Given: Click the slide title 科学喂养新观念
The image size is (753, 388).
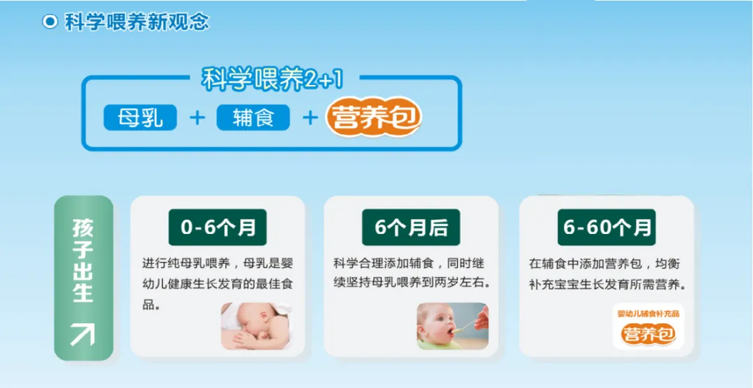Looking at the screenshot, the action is [137, 22].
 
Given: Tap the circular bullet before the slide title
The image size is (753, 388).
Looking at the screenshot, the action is [50, 22].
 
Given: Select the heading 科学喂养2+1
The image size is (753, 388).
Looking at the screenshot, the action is [273, 80].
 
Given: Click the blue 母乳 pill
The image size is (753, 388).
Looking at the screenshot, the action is [140, 118].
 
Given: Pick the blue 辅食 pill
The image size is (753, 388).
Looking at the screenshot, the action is [253, 118].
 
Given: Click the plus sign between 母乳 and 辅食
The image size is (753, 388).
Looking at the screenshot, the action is [197, 118].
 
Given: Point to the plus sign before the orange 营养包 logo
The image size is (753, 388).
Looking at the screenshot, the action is [310, 118].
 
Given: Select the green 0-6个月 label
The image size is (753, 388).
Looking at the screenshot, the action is [218, 227].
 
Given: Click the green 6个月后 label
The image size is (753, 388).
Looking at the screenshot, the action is [411, 227].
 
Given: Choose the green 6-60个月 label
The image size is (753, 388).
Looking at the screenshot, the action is [607, 227].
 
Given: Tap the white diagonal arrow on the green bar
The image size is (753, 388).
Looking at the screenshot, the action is [82, 334].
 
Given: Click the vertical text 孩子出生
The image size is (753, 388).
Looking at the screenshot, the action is [83, 261].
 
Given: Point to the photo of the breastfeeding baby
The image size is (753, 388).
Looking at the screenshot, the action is [257, 325].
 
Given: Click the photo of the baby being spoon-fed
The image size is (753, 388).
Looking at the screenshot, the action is [452, 325].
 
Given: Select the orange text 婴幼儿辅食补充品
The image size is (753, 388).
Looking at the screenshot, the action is [648, 313].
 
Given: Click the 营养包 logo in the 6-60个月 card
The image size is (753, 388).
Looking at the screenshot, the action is [648, 334].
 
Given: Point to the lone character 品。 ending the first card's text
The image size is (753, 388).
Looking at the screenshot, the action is [151, 305].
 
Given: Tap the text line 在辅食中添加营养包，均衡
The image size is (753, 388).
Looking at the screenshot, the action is [604, 264].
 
